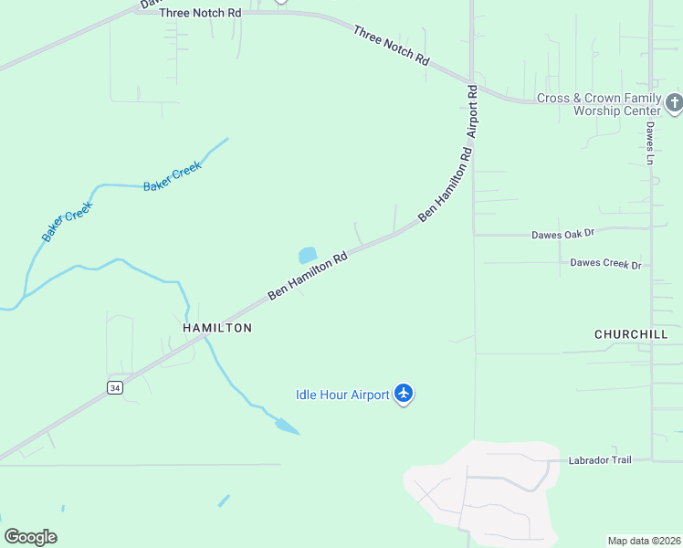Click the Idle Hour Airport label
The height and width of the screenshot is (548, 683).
(342, 395)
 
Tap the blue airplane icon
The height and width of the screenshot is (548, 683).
(405, 395)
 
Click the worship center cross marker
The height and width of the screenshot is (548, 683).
(674, 102)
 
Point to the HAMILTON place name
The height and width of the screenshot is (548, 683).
(217, 327)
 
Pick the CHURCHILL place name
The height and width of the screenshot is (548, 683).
(631, 334)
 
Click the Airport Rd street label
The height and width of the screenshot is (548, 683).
(473, 111)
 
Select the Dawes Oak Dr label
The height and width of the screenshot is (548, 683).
(562, 235)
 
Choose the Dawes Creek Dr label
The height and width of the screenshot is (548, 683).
(605, 264)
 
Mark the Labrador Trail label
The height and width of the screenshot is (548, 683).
(599, 460)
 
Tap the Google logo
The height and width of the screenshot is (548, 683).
(30, 537)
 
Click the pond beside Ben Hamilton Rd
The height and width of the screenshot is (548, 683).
(308, 256)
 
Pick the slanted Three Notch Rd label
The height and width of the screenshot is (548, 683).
(391, 45)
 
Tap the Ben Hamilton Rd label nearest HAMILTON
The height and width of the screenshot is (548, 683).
(308, 276)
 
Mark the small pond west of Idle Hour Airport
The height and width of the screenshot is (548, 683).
(286, 426)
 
